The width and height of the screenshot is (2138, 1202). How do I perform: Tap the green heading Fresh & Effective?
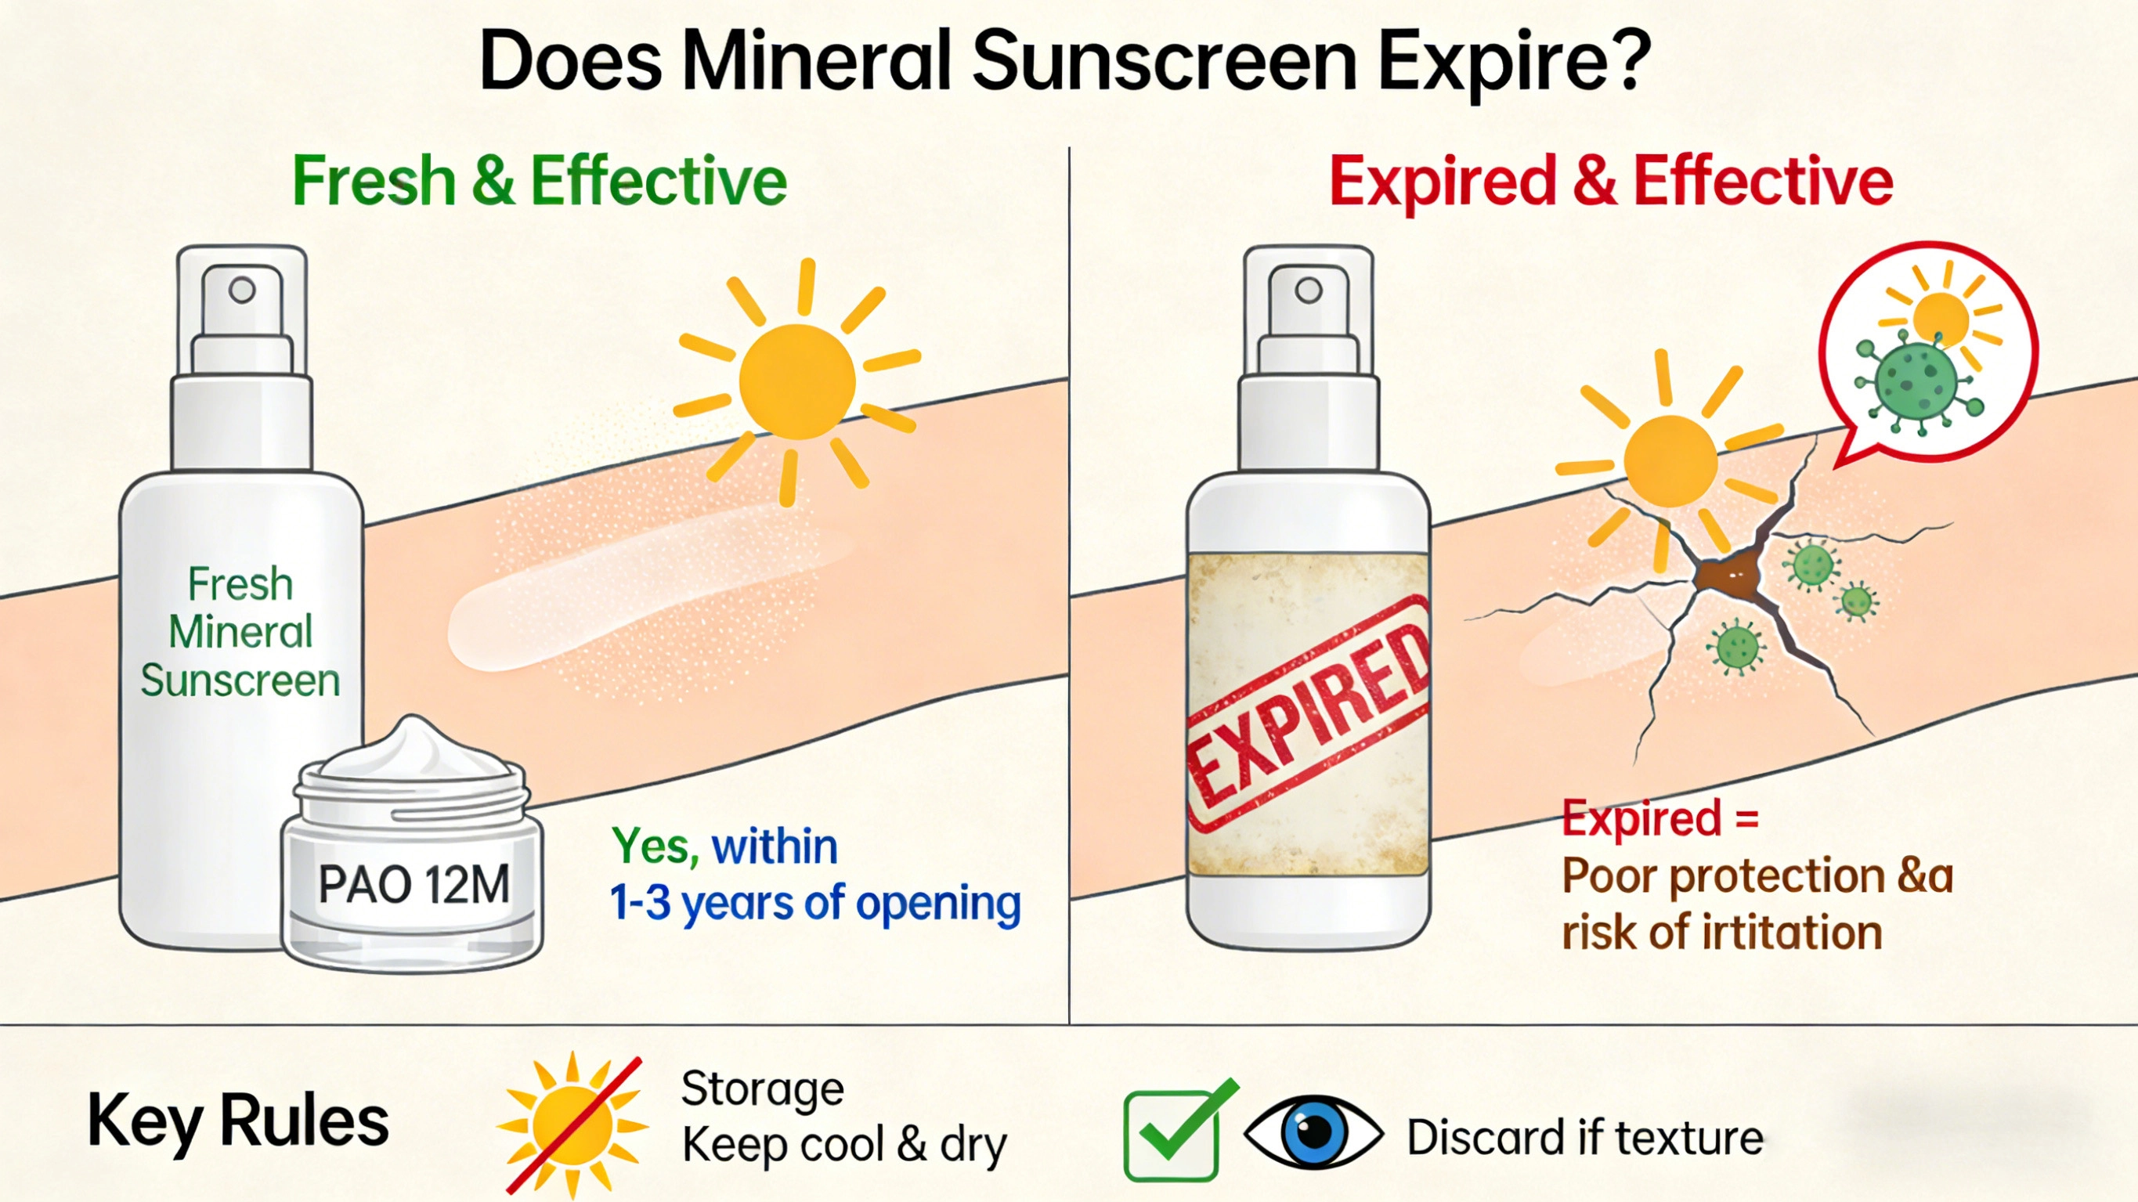click(540, 181)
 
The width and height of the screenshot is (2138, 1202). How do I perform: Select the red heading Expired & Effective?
click(1611, 181)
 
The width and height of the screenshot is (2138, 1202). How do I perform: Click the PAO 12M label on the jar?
click(414, 884)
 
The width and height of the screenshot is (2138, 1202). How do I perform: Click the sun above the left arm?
click(796, 382)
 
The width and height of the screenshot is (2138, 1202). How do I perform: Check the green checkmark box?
click(1171, 1134)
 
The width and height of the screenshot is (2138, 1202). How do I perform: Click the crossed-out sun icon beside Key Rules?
click(572, 1125)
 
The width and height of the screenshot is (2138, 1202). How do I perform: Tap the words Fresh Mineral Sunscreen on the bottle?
click(240, 632)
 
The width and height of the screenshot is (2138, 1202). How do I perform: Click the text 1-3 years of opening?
click(815, 903)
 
